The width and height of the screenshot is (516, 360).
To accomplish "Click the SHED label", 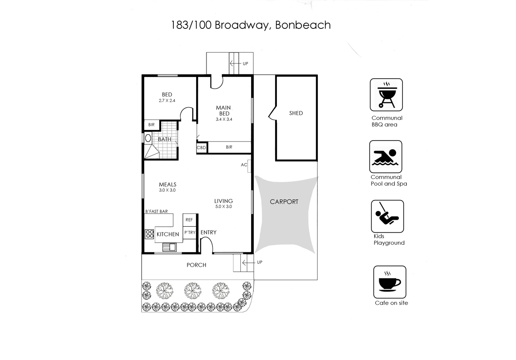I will [x=296, y=113].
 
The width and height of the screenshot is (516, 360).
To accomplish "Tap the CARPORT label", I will [x=284, y=202].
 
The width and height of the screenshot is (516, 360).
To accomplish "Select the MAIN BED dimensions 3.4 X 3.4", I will [x=224, y=120].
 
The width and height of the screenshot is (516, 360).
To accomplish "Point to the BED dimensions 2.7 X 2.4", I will [x=167, y=101].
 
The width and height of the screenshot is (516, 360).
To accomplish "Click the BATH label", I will [x=164, y=139].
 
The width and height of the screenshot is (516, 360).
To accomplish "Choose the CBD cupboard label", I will [x=201, y=148].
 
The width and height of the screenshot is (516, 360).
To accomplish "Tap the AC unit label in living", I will [x=244, y=165].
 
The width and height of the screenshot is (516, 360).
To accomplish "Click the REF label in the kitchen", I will [x=189, y=220].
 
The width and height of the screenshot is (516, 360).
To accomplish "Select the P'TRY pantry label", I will [x=190, y=233].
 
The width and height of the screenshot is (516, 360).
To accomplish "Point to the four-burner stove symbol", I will [x=150, y=234].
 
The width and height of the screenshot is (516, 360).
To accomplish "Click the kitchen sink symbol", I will [x=169, y=247].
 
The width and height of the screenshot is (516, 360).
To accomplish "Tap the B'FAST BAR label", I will [x=156, y=211].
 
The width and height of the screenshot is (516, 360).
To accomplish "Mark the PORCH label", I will [x=196, y=265].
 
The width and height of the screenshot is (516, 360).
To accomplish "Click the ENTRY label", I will [x=209, y=233].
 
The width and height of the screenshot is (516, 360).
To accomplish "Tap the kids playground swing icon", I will [x=387, y=216].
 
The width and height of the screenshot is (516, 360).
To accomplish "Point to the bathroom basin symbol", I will [x=148, y=138].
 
